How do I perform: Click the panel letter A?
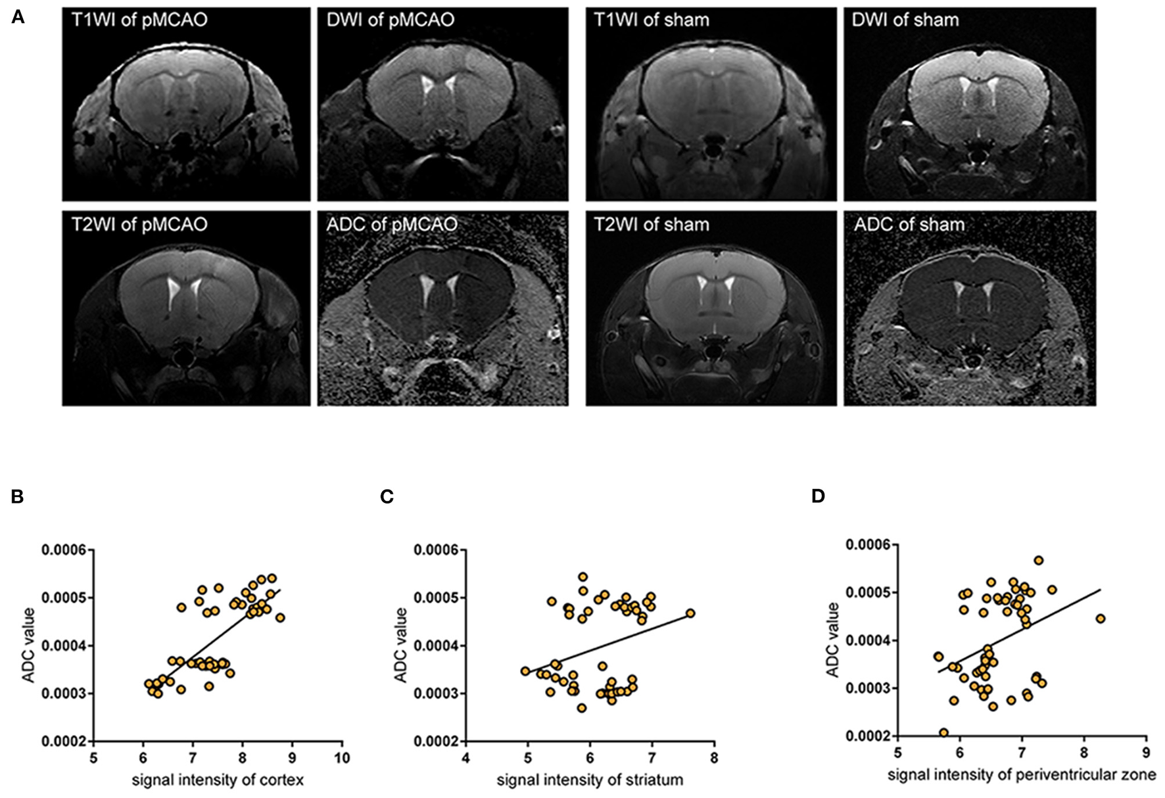[x=18, y=18]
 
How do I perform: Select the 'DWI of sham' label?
[x=905, y=20]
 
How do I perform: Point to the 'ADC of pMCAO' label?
[x=392, y=225]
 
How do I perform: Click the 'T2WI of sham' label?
[x=652, y=225]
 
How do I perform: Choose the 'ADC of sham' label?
[x=909, y=225]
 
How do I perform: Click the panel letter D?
[x=818, y=496]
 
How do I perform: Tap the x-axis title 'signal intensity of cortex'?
[x=218, y=780]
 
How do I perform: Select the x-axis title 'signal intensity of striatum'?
[x=590, y=780]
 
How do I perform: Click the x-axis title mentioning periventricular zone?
[x=1022, y=775]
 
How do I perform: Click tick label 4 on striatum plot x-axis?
[x=465, y=759]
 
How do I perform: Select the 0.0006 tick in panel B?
[x=64, y=550]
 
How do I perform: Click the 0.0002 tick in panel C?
[x=436, y=741]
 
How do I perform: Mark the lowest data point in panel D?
[x=943, y=732]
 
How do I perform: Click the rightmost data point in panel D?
[x=1101, y=619]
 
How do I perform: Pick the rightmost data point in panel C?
[x=690, y=613]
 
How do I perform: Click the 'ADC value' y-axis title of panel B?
[x=28, y=645]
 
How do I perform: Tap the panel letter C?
[x=387, y=496]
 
